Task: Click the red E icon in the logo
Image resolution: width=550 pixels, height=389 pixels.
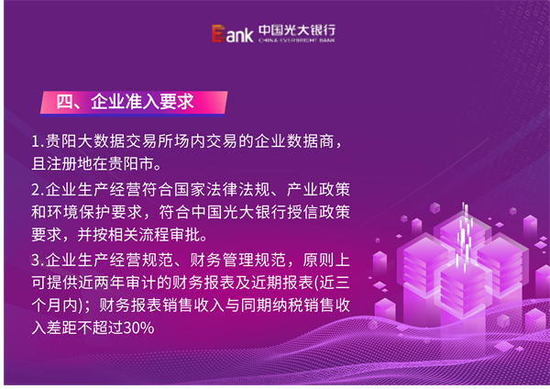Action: (218, 34)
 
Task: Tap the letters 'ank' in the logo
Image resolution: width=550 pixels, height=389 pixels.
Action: (239, 35)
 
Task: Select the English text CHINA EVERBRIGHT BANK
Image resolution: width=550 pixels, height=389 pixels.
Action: (297, 40)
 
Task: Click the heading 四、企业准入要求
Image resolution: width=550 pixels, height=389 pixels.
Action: (125, 102)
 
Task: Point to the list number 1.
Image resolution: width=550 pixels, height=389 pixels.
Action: (38, 141)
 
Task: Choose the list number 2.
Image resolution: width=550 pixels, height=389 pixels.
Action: (38, 190)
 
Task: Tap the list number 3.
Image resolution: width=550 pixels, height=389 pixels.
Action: (38, 261)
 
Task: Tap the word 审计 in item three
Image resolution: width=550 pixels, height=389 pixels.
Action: (141, 283)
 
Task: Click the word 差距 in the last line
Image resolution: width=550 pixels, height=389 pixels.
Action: (62, 328)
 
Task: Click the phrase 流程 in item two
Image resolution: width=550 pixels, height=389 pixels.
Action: (154, 235)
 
